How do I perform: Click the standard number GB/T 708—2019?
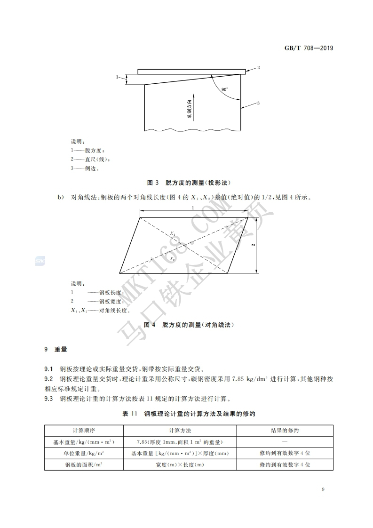[x=309, y=48]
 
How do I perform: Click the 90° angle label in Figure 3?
[x=225, y=89]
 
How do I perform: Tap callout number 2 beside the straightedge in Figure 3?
[x=258, y=68]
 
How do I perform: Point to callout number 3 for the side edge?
[x=258, y=103]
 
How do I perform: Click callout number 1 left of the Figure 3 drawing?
[x=117, y=76]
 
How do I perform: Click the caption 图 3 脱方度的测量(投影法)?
[x=189, y=182]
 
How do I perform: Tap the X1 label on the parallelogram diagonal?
[x=173, y=233]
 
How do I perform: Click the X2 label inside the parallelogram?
[x=173, y=259]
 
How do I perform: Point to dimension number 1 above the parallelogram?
[x=193, y=208]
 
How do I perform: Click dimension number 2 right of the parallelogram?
[x=253, y=245]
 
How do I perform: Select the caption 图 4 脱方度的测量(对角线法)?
[x=189, y=325]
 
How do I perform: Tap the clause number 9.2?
[x=48, y=379]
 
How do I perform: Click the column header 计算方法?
[x=180, y=431]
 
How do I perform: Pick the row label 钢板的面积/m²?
[x=84, y=464]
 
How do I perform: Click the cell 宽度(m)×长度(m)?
[x=180, y=464]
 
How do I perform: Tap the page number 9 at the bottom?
[x=323, y=490]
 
